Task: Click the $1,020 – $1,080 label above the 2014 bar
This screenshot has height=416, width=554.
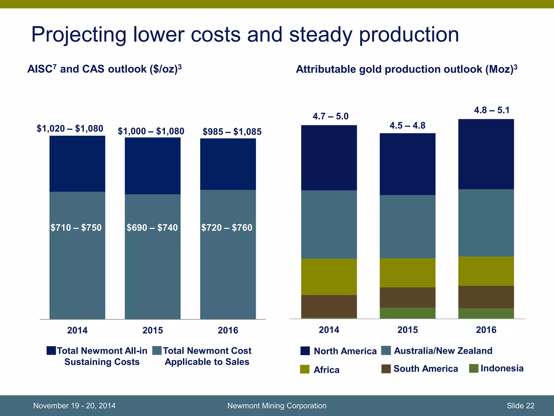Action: point(70,128)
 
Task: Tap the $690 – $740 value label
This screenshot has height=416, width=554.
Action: point(152,227)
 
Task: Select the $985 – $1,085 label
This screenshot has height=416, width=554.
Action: point(232,132)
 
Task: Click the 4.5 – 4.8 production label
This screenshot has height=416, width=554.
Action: point(407,126)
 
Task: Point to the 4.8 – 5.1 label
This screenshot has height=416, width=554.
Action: point(492,110)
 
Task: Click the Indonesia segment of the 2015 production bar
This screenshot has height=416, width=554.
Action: point(407,313)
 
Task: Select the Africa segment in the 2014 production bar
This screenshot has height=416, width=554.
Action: point(329,277)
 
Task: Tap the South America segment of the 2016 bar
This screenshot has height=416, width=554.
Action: point(486,297)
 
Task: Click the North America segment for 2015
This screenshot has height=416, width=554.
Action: point(407,164)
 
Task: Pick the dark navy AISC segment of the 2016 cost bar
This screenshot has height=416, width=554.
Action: point(228,164)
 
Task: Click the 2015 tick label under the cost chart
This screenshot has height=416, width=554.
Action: point(153,330)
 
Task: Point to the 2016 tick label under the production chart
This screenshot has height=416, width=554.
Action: point(486,330)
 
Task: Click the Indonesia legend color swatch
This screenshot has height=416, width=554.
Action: point(474,368)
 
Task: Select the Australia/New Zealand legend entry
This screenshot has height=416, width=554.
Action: point(443,351)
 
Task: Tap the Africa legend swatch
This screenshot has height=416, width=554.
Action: point(305,369)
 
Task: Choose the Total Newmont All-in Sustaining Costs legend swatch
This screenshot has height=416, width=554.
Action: point(51,350)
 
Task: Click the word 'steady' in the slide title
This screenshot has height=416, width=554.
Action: point(321,35)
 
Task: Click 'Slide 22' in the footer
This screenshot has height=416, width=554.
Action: point(520,406)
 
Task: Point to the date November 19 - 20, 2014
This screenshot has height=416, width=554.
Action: point(74,406)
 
